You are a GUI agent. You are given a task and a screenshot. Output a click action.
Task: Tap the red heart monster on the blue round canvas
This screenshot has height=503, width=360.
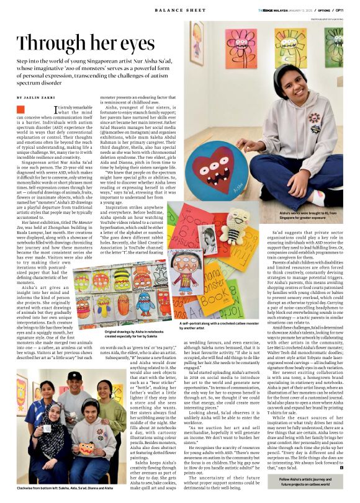coord(220,163)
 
